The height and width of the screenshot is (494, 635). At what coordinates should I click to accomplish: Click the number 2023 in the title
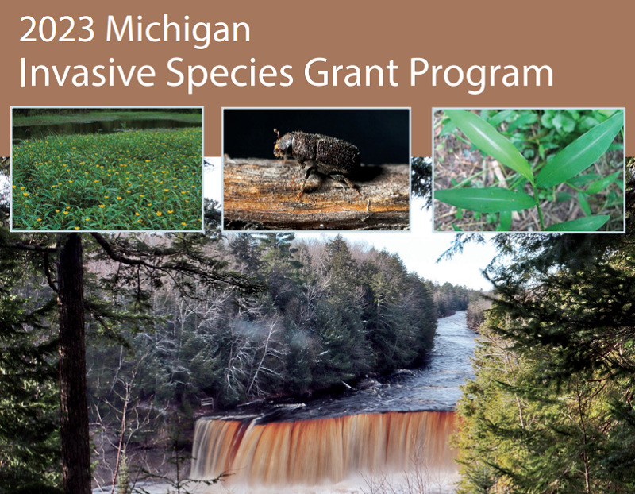click(x=57, y=30)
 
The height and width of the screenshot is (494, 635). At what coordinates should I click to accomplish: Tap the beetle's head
click(x=283, y=148)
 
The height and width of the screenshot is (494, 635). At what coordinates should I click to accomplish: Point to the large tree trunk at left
click(x=73, y=357)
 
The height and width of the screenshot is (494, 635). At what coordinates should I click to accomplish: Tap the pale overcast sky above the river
click(x=444, y=254)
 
